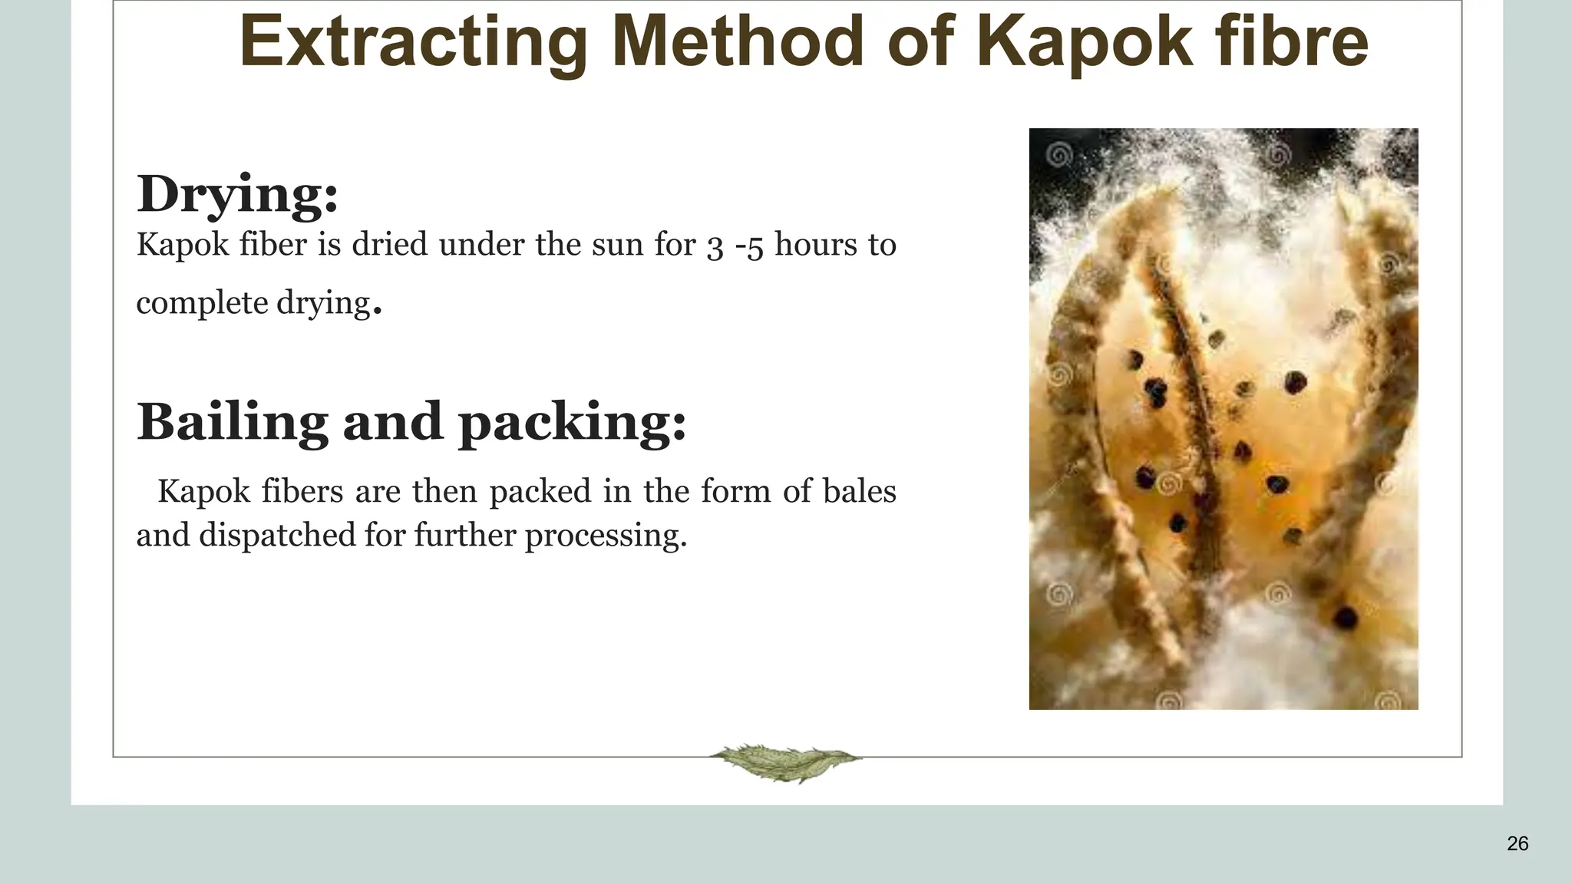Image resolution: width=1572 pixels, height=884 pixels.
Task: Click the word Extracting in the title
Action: point(413,42)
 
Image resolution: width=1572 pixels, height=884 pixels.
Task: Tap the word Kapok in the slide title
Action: point(1085,42)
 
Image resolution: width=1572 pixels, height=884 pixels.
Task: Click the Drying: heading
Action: point(237,194)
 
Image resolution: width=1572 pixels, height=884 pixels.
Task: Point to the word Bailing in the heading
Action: point(232,423)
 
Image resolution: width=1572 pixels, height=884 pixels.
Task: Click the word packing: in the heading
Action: point(572,423)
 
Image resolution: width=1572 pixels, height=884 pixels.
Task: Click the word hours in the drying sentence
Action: point(815,246)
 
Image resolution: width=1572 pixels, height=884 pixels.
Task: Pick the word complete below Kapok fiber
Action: point(202,303)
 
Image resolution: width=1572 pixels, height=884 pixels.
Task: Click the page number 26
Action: point(1517,844)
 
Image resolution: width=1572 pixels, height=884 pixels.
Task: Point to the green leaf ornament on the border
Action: point(784,762)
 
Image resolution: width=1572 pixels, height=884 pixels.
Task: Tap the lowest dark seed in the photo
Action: point(1345,616)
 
